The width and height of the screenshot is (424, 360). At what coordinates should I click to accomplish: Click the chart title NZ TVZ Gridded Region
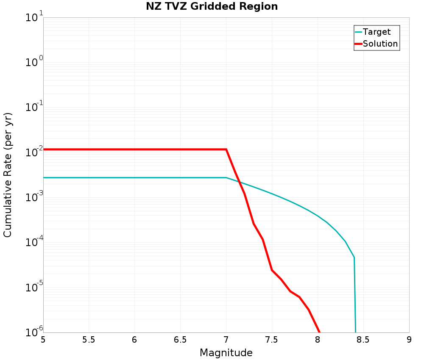(212, 7)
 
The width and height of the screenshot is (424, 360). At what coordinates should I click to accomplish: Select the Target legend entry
(377, 32)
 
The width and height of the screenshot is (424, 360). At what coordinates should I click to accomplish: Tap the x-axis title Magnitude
(226, 353)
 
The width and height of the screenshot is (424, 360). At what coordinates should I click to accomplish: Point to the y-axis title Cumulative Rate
(8, 175)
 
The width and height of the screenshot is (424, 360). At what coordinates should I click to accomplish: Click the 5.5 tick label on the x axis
(89, 340)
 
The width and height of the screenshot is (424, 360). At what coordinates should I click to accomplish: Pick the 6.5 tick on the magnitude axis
(180, 340)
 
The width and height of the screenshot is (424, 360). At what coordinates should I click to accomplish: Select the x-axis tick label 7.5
(272, 340)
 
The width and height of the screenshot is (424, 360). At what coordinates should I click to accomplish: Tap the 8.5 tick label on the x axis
(363, 340)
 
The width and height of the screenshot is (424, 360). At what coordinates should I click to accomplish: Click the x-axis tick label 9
(409, 340)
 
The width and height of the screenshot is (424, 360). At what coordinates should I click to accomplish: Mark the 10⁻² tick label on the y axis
(33, 152)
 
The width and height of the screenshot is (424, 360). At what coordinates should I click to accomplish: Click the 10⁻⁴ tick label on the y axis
(33, 243)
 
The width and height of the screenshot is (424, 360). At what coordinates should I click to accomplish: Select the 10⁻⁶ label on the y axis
(33, 331)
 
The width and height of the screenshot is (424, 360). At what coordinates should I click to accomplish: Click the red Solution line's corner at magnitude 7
(226, 150)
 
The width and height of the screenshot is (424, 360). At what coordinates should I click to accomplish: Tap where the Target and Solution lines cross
(239, 182)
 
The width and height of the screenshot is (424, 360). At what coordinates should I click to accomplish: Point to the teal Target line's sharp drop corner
(354, 257)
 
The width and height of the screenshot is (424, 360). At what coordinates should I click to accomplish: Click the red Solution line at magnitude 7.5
(272, 270)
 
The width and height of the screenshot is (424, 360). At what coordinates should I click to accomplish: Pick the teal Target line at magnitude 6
(134, 177)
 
